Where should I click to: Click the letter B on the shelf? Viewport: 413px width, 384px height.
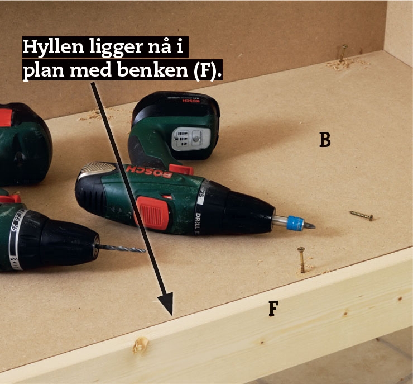pyautogui.click(x=325, y=140)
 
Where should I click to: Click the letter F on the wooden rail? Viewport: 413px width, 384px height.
pyautogui.click(x=273, y=309)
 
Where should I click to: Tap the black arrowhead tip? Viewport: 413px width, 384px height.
pyautogui.click(x=172, y=315)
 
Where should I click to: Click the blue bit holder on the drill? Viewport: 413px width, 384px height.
pyautogui.click(x=295, y=223)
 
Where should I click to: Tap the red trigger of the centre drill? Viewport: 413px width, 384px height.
pyautogui.click(x=153, y=213)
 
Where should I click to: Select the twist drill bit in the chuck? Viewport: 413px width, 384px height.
pyautogui.click(x=122, y=248)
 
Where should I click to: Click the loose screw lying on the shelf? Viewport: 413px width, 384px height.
pyautogui.click(x=361, y=216)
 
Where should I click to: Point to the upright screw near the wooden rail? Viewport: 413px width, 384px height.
pyautogui.click(x=301, y=259)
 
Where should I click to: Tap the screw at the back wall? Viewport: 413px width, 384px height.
pyautogui.click(x=343, y=53)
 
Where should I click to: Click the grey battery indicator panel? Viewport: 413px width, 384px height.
pyautogui.click(x=191, y=139)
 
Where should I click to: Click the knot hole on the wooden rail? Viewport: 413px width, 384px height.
pyautogui.click(x=141, y=345)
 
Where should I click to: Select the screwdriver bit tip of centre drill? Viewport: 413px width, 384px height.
pyautogui.click(x=310, y=225)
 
